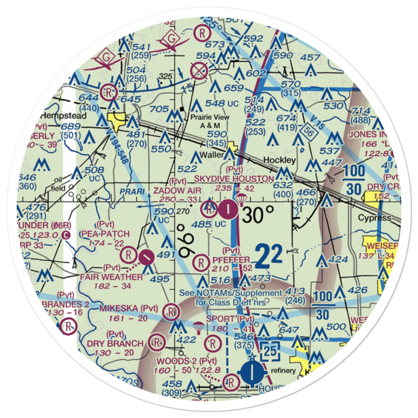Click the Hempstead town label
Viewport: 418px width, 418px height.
coord(64,116)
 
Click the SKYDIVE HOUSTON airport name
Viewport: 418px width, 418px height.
coord(234,179)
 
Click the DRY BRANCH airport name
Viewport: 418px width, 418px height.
coord(115,344)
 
